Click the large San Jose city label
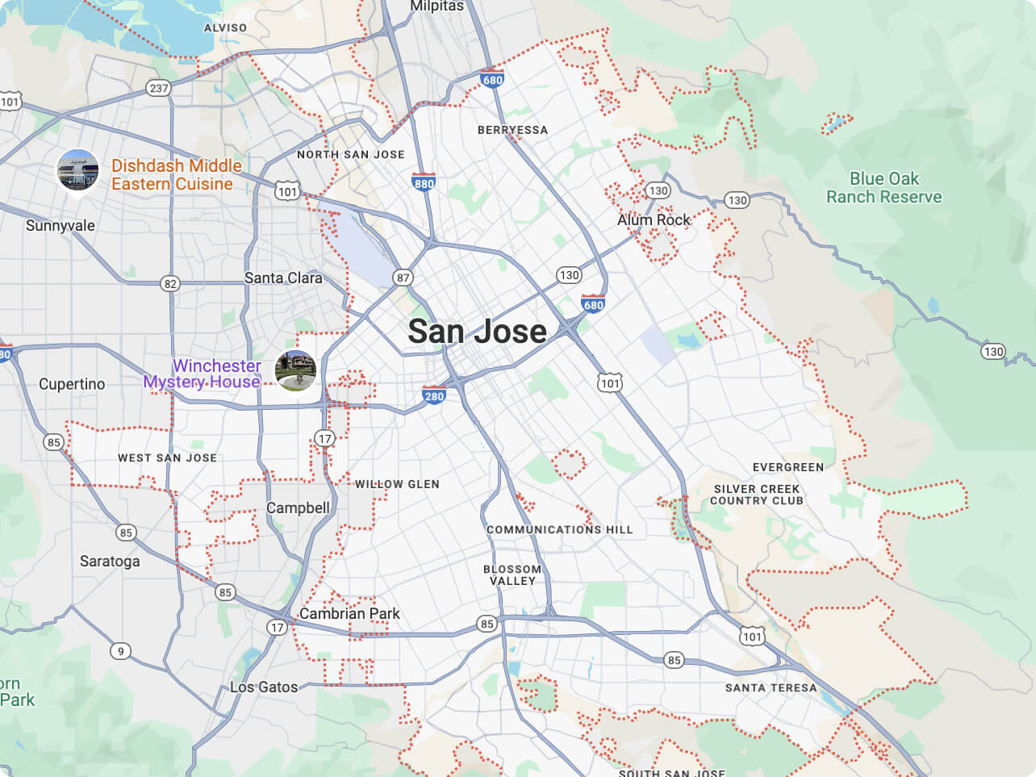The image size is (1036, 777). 477,332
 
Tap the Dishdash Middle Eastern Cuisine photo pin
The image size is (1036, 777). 77,170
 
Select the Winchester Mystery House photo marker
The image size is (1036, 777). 295,370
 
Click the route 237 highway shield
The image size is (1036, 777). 158,88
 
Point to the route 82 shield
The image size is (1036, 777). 169,283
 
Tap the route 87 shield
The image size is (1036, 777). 403,278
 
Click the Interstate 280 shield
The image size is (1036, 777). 434,395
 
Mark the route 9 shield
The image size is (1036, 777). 120,651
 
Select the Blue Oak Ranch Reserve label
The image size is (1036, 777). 884,188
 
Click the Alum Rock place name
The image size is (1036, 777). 654,219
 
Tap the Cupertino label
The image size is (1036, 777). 72,384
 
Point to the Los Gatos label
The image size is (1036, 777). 264,687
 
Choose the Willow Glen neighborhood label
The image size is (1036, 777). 397,484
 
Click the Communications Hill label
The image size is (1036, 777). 559,529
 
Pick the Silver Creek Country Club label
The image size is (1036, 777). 756,495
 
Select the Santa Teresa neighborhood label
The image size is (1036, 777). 771,687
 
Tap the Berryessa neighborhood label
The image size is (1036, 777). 512,130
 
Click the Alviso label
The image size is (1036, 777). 225,27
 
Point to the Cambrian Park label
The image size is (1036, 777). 349,613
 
